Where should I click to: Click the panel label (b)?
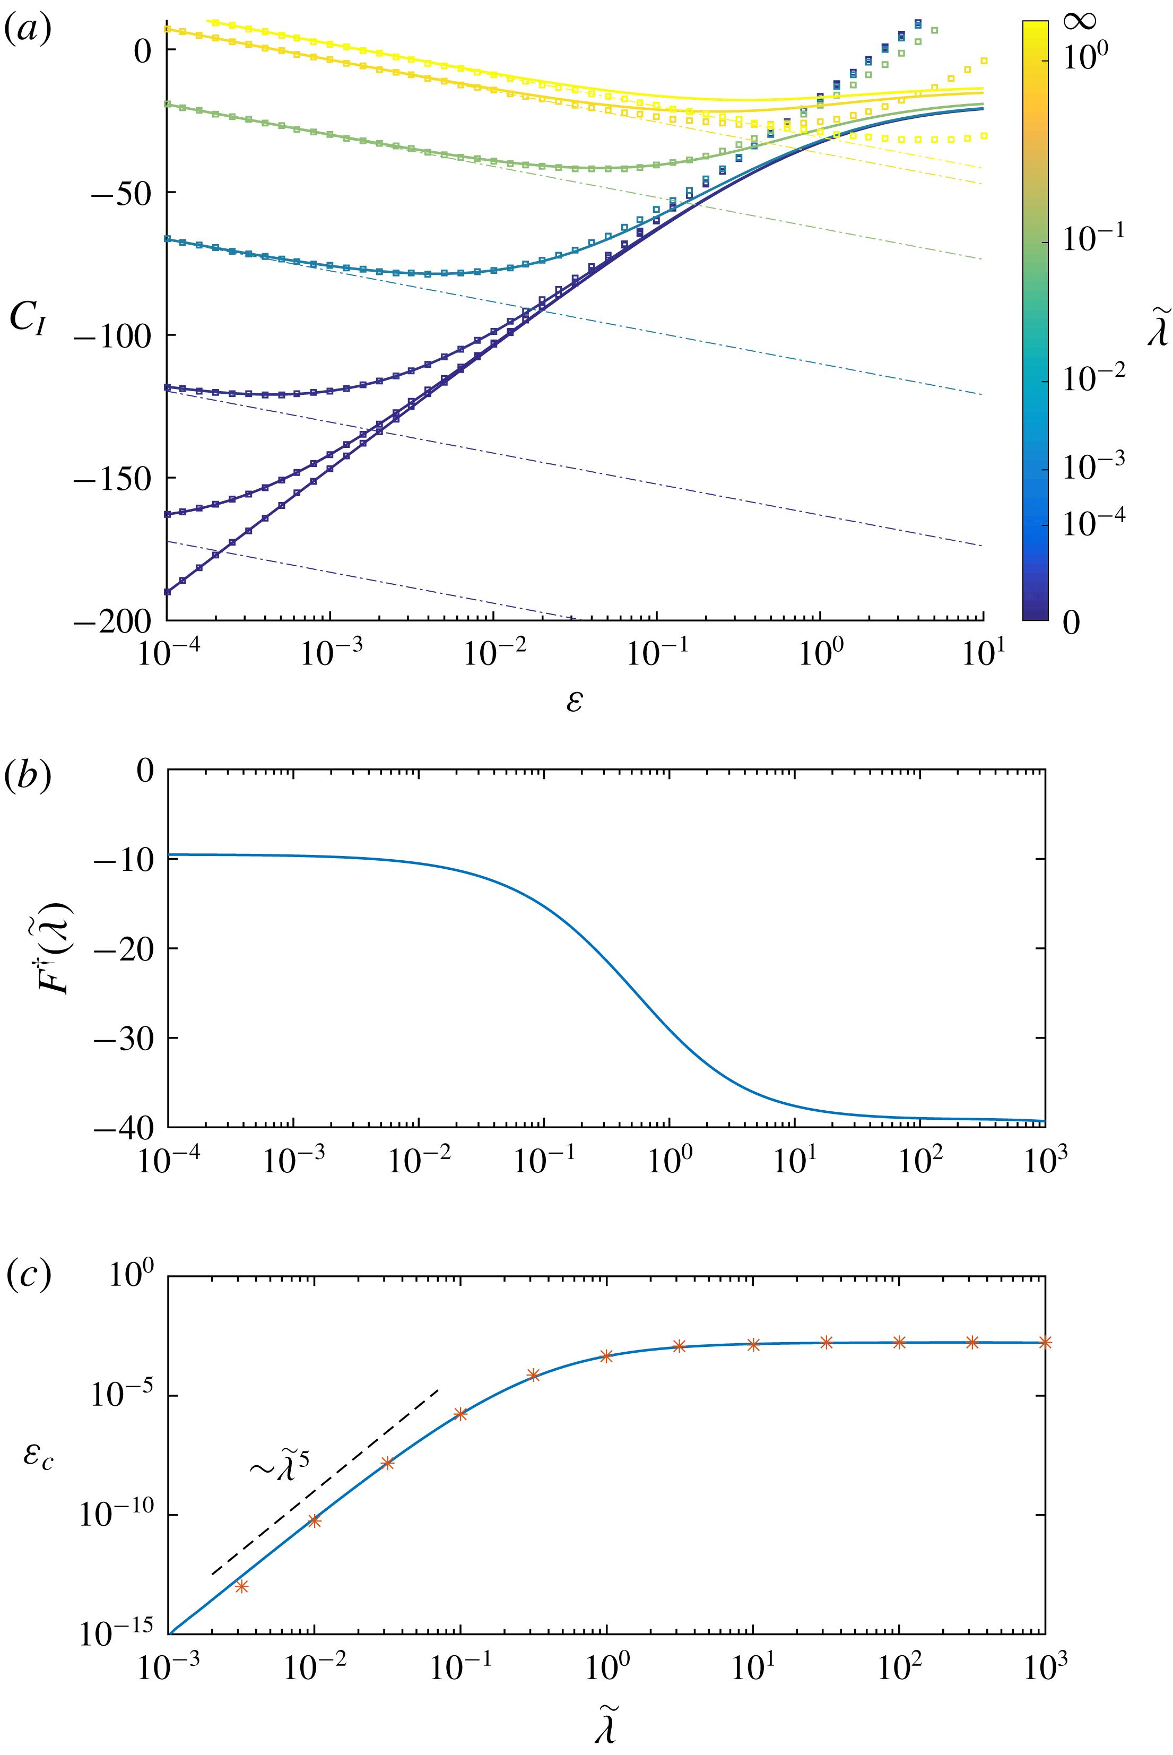pyautogui.click(x=28, y=776)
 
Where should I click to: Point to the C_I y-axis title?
pyautogui.click(x=29, y=320)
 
